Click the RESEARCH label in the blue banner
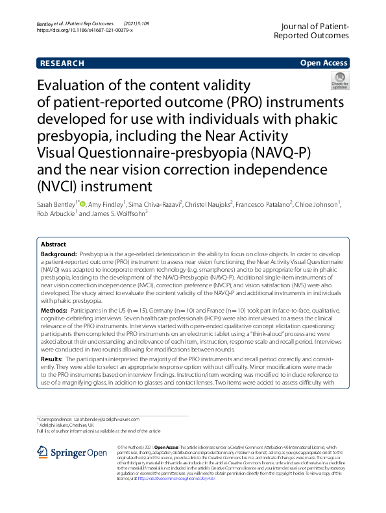(62, 64)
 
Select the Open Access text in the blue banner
(324, 64)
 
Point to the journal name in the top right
(315, 30)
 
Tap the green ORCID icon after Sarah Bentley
(82, 204)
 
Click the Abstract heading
(54, 245)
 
